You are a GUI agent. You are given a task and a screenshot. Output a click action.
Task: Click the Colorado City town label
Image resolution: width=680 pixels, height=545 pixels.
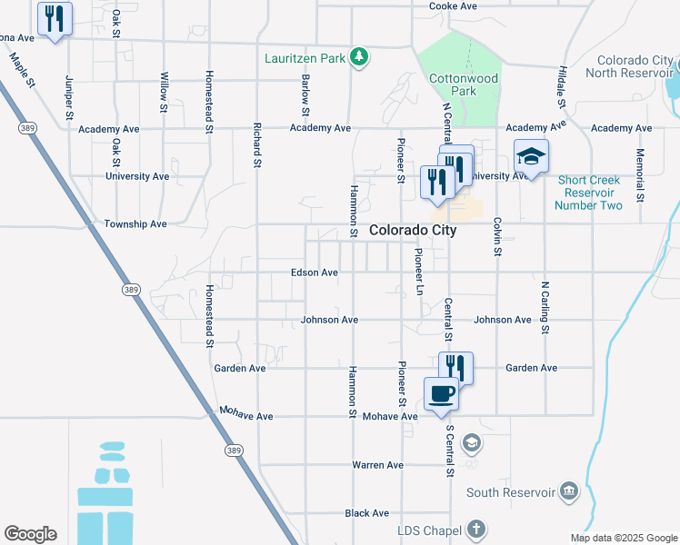(x=413, y=231)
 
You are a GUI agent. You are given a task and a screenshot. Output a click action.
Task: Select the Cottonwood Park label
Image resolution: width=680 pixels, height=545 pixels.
(x=464, y=85)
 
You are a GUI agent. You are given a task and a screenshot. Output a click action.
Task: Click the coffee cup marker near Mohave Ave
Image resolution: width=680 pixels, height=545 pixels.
(x=442, y=393)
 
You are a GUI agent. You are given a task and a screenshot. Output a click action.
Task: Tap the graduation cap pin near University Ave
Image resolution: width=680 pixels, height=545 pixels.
(x=532, y=157)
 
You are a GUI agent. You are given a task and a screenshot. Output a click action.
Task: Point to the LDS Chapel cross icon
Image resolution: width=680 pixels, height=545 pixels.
(x=475, y=530)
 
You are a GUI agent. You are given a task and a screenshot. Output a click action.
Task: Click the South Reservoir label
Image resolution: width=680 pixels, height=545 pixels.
(x=510, y=492)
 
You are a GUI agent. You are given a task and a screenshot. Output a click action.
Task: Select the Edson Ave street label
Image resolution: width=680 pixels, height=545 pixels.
(x=315, y=272)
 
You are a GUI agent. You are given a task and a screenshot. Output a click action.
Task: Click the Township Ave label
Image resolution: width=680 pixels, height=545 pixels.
(x=135, y=223)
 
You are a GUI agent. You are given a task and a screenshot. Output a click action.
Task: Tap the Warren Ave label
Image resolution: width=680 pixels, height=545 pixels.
(x=378, y=465)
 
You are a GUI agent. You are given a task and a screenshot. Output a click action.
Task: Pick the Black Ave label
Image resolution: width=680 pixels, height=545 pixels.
(x=367, y=513)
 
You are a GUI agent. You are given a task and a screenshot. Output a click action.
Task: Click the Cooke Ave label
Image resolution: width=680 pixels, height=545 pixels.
(x=454, y=6)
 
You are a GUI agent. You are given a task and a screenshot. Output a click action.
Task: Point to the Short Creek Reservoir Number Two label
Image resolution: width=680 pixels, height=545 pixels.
(x=590, y=193)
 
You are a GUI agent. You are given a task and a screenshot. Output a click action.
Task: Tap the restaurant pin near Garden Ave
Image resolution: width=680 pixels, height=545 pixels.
(x=455, y=367)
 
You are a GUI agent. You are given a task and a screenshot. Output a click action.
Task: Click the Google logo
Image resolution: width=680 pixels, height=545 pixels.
(x=30, y=534)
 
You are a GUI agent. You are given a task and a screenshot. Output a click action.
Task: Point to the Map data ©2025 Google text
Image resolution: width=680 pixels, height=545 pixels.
(x=624, y=538)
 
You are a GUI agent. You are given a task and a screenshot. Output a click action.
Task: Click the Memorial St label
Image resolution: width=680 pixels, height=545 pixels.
(x=641, y=174)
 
